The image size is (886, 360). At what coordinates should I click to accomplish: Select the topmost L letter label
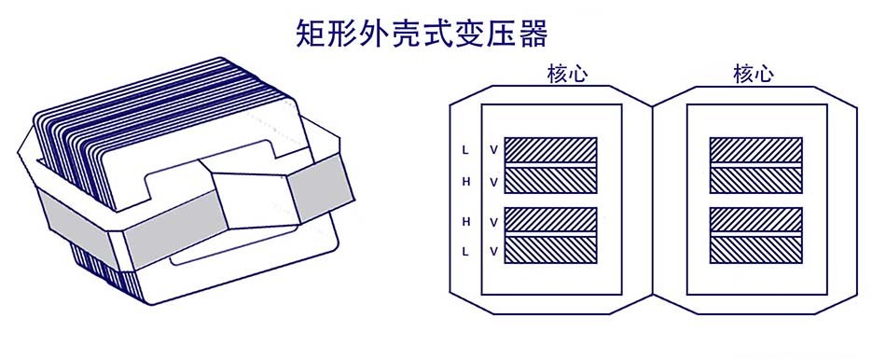coord(465,149)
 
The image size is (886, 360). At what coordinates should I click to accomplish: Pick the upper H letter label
coord(465,182)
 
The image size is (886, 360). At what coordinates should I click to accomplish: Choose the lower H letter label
coord(465,221)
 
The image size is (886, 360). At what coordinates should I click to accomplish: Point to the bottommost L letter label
coord(465,252)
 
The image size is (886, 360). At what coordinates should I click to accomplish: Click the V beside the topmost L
coord(494,149)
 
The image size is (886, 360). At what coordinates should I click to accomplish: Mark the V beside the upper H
coord(494,182)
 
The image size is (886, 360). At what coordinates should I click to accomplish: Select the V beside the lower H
coord(494,221)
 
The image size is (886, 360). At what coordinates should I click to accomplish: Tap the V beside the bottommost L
coord(494,252)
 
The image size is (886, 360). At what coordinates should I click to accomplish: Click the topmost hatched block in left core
coord(549,150)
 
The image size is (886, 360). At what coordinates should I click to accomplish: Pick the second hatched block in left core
coord(549,180)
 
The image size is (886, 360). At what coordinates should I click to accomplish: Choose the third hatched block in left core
coord(549,219)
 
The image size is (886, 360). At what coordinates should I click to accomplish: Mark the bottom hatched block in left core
coord(549,249)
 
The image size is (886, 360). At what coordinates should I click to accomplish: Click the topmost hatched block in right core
coord(755,150)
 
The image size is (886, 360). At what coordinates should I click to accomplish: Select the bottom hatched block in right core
coord(755,249)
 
